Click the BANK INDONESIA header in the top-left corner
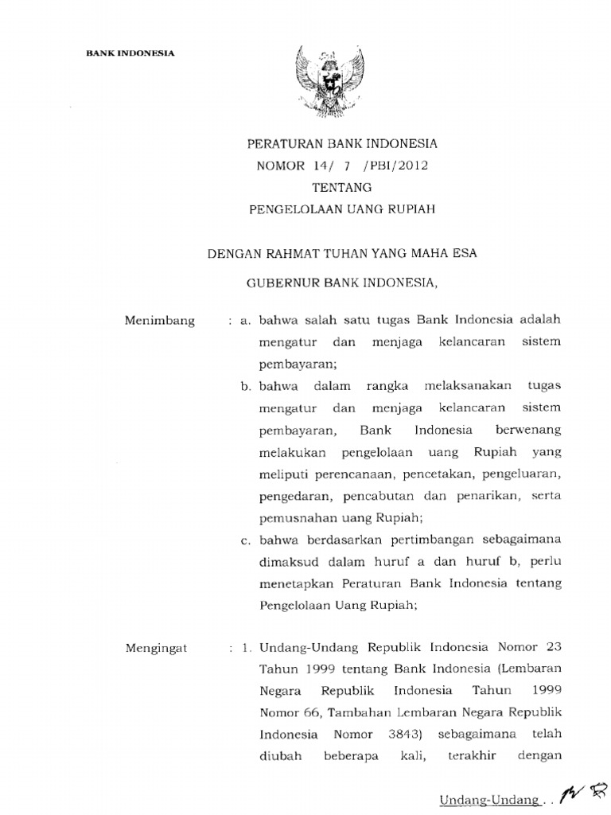130,53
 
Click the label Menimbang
159,321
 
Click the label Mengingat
156,648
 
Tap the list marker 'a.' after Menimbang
245,321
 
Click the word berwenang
527,430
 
